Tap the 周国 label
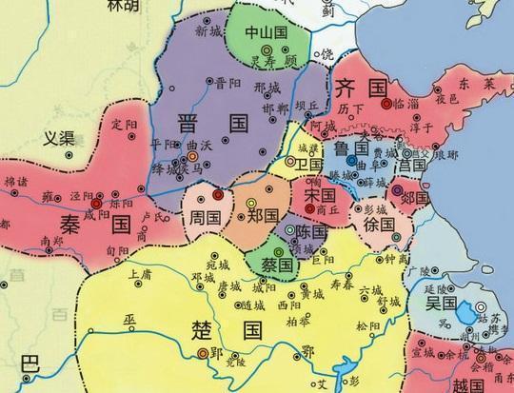click(206, 216)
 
